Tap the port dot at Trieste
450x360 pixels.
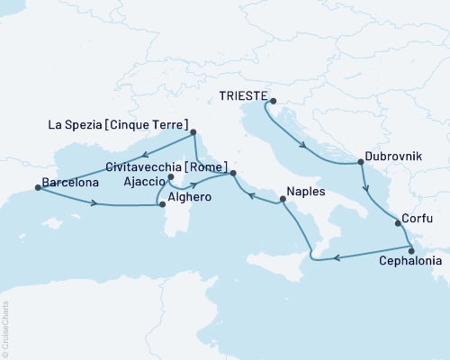pos(274,101)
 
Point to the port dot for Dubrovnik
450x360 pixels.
pos(361,163)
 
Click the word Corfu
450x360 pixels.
pos(418,219)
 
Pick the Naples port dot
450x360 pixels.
pos(281,202)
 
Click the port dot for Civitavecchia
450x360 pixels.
pos(232,173)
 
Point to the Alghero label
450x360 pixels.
pos(189,197)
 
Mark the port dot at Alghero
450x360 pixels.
pos(163,205)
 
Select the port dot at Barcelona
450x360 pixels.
pos(37,187)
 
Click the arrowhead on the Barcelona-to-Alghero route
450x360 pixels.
pos(94,203)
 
